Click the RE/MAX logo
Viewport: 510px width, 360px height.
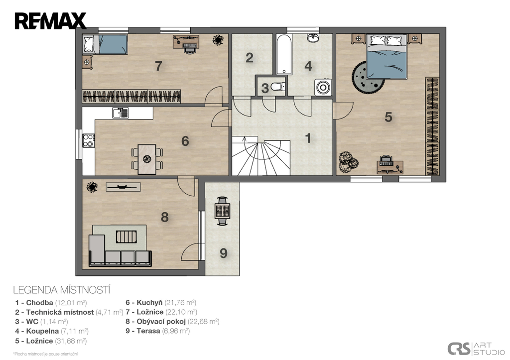pyautogui.click(x=50, y=21)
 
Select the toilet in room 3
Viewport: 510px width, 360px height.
pyautogui.click(x=277, y=87)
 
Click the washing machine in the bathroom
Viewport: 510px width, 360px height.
pyautogui.click(x=323, y=87)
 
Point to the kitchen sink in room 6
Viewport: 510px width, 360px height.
pyautogui.click(x=121, y=113)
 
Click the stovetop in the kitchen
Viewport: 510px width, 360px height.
pyautogui.click(x=88, y=140)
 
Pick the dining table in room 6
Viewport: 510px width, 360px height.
pyautogui.click(x=147, y=159)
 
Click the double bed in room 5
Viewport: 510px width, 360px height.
pyautogui.click(x=386, y=57)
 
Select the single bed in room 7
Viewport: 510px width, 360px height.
pyautogui.click(x=105, y=44)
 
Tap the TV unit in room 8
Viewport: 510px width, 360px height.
pyautogui.click(x=124, y=187)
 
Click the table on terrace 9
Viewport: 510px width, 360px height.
pyautogui.click(x=223, y=211)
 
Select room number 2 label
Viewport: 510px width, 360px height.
pyautogui.click(x=250, y=58)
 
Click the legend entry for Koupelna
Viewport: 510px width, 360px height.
pyautogui.click(x=52, y=331)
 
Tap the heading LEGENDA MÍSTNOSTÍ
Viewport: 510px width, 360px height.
pyautogui.click(x=62, y=289)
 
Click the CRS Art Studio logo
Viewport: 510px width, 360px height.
pyautogui.click(x=476, y=349)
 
